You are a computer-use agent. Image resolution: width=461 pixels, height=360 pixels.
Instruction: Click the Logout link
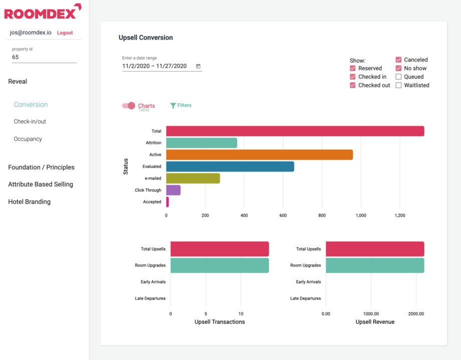coord(65,33)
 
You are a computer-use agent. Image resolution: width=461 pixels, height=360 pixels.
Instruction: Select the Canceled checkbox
coord(399,60)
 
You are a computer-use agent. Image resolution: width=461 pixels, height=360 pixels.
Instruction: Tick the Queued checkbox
coord(399,77)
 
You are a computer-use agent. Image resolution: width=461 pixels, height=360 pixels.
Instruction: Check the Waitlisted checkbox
coord(399,85)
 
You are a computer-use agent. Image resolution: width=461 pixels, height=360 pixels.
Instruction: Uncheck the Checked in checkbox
coord(353,77)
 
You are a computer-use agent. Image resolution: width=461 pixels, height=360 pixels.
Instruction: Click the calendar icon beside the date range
coord(198,66)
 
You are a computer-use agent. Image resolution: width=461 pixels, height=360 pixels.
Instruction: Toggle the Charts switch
coord(129,106)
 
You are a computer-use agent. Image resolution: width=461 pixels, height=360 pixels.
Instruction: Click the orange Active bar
coord(259,155)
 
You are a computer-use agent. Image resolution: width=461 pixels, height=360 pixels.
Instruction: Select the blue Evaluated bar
coord(230,167)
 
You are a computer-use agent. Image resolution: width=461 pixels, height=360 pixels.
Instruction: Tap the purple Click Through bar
coord(173,190)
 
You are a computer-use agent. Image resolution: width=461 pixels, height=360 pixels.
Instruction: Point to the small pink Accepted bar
coord(167,202)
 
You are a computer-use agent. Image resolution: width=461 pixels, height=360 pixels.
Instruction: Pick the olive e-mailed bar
coord(193,178)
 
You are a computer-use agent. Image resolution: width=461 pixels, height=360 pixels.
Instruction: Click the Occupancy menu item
coord(28,139)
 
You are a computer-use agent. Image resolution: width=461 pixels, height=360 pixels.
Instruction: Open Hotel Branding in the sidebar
coord(29,202)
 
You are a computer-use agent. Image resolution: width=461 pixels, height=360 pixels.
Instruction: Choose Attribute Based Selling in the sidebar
coord(41,184)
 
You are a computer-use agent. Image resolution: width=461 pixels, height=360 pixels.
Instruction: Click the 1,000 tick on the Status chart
coord(361,215)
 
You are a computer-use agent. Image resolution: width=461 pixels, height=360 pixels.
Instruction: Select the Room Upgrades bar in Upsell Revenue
coord(375,265)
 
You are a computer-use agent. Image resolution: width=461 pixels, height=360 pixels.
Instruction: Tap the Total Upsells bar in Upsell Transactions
coord(219,249)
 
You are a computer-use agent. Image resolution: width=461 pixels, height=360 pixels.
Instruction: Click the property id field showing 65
coord(44,57)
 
